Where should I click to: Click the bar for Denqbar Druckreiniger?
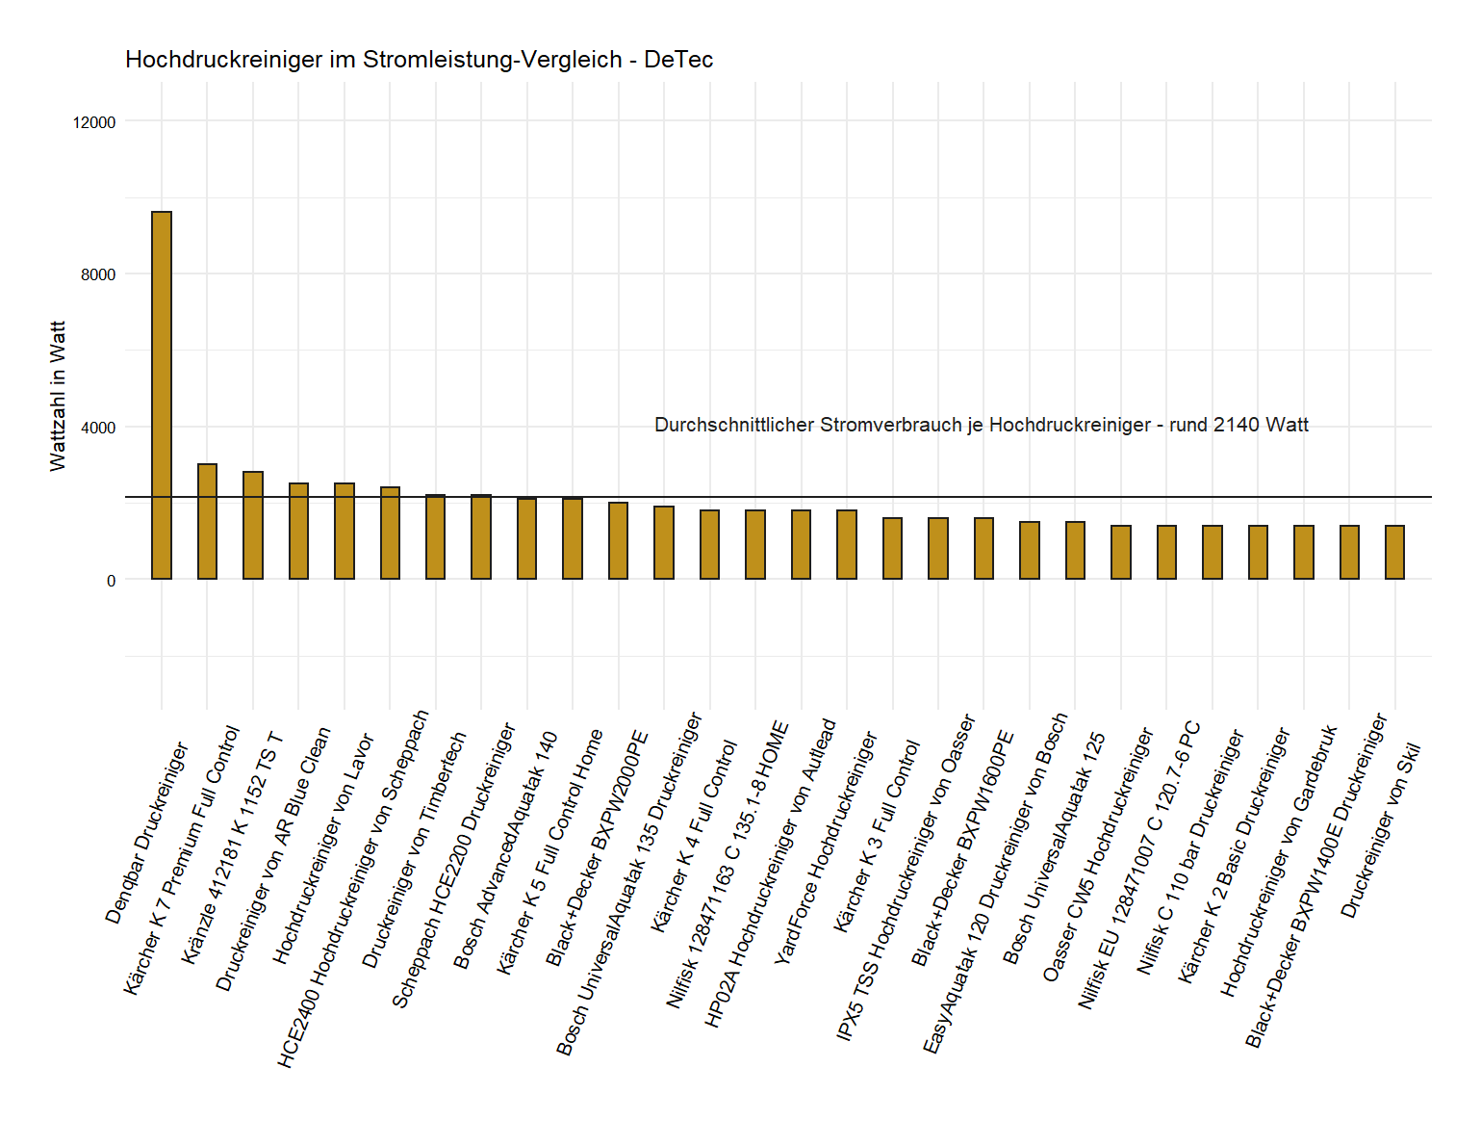click(162, 395)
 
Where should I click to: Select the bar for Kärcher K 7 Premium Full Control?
click(207, 521)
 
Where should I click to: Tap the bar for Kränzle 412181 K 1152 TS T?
click(253, 525)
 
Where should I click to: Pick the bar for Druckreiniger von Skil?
click(1394, 552)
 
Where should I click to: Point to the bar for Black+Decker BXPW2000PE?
click(618, 540)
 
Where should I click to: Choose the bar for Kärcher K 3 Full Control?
click(892, 548)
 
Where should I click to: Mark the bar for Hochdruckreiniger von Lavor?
click(345, 531)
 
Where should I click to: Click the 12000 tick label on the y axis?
click(94, 122)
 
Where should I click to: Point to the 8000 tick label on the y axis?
click(98, 274)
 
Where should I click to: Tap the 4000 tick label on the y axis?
click(98, 428)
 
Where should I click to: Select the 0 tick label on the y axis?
click(111, 581)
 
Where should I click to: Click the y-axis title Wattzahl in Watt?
click(59, 396)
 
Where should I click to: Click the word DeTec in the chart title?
click(678, 60)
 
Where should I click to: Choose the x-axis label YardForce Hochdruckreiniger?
click(827, 847)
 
